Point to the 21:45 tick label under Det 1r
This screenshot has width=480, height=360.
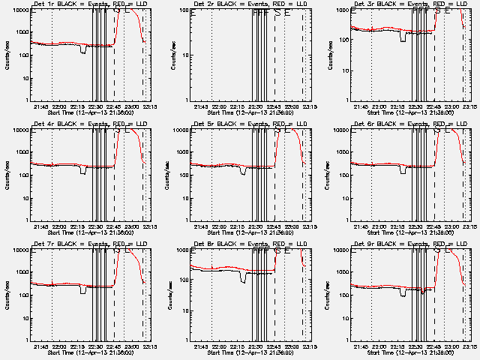[x=52, y=106]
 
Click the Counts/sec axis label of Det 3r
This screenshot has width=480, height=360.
[x=327, y=55]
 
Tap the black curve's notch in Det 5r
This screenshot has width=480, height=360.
[x=243, y=172]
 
